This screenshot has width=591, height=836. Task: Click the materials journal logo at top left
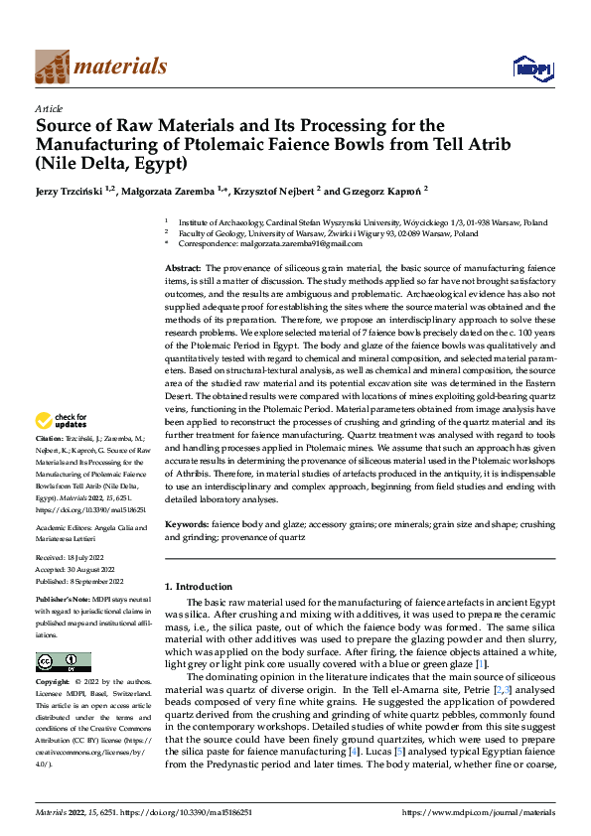click(100, 67)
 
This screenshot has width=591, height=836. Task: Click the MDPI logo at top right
click(531, 68)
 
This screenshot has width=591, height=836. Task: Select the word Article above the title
click(49, 108)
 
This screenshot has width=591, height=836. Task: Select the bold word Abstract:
click(183, 269)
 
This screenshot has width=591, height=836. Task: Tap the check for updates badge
click(64, 448)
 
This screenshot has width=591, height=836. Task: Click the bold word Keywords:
click(187, 522)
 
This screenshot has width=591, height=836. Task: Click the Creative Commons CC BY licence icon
click(63, 662)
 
